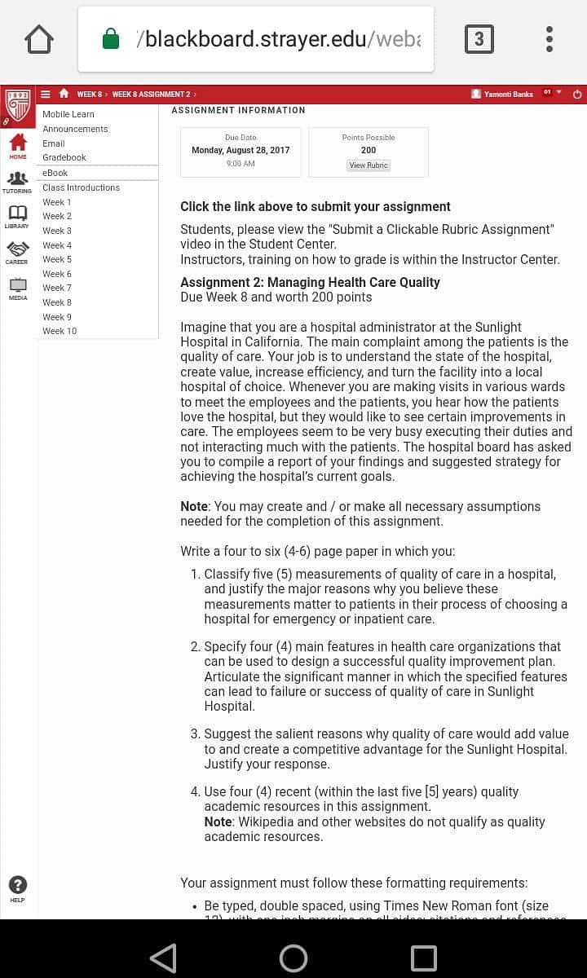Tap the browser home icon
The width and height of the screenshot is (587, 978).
[x=39, y=39]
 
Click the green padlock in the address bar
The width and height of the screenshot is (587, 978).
[x=111, y=39]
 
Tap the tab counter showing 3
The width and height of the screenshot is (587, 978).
[x=479, y=39]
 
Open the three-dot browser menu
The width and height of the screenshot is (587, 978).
[x=549, y=39]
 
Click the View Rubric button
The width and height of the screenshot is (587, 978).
[x=369, y=165]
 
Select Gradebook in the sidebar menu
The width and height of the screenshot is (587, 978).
[x=64, y=157]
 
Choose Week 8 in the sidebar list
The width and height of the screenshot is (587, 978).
[x=57, y=302]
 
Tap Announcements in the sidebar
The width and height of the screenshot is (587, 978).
[x=75, y=129]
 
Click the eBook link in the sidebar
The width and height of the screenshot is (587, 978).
[x=55, y=173]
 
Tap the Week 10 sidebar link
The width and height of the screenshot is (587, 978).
[x=60, y=331]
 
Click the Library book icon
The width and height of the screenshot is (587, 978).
[x=17, y=214]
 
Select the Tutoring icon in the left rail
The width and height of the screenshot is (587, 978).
[x=17, y=179]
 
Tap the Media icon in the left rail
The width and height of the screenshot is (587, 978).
[x=17, y=286]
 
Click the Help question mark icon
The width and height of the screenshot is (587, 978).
[x=17, y=886]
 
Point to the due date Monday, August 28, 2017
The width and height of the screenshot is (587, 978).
[x=241, y=150]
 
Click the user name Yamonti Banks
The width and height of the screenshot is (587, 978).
[x=508, y=95]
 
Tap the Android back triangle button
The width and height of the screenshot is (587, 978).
[x=163, y=958]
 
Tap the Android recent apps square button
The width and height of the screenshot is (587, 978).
[x=423, y=958]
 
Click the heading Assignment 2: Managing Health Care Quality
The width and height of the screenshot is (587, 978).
[x=310, y=282]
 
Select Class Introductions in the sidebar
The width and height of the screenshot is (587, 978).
[x=81, y=187]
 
